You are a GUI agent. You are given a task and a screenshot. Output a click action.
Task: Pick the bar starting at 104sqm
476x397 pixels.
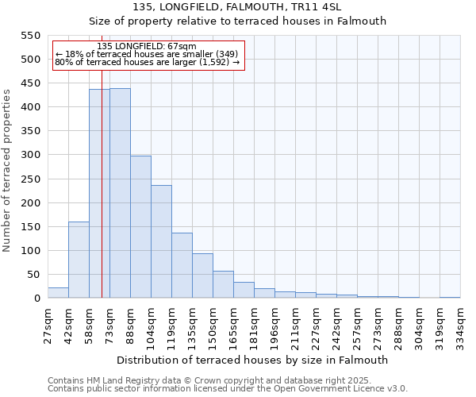tap(161, 241)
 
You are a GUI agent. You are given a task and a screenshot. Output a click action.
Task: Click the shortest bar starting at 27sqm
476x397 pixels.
tap(58, 293)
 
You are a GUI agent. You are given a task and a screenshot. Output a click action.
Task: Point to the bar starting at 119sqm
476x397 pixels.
tap(182, 265)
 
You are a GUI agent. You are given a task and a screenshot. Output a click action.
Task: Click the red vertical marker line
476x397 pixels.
tap(102, 198)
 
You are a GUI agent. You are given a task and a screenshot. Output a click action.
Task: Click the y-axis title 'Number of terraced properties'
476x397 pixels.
tap(7, 171)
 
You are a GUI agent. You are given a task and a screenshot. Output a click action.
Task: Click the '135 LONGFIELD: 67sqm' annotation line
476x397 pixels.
tap(146, 46)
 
